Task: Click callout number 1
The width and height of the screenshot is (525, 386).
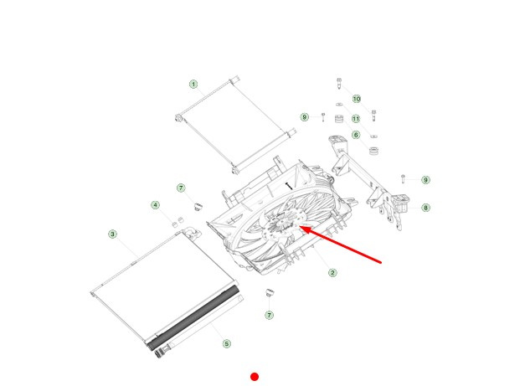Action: coord(193,84)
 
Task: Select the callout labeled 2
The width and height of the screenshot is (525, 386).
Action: coord(332,272)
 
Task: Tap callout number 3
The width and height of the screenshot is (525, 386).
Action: coord(112,234)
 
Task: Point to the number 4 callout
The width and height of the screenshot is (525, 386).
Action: coord(155,205)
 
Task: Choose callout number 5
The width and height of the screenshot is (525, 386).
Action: coord(227,343)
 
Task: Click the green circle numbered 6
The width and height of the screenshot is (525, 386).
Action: coord(356,135)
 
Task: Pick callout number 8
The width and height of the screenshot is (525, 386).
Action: coord(425,208)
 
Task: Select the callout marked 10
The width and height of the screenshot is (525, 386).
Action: coord(357,99)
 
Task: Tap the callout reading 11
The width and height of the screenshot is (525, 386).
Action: coord(356,119)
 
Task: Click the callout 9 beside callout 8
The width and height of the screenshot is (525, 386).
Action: coord(425,180)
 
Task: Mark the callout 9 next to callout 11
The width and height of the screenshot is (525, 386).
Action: coord(304,117)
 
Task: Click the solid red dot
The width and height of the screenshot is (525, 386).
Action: coord(255,377)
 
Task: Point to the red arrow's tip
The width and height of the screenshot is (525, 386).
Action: coord(299,227)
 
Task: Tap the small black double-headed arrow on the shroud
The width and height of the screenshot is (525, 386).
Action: coord(289,186)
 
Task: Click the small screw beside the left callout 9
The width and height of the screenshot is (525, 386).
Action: coord(323,117)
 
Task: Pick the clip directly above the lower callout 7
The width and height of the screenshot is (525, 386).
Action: coord(270,292)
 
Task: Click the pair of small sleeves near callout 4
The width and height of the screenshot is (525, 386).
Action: coord(178,222)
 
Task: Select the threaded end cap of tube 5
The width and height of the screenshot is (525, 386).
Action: coord(159,353)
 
